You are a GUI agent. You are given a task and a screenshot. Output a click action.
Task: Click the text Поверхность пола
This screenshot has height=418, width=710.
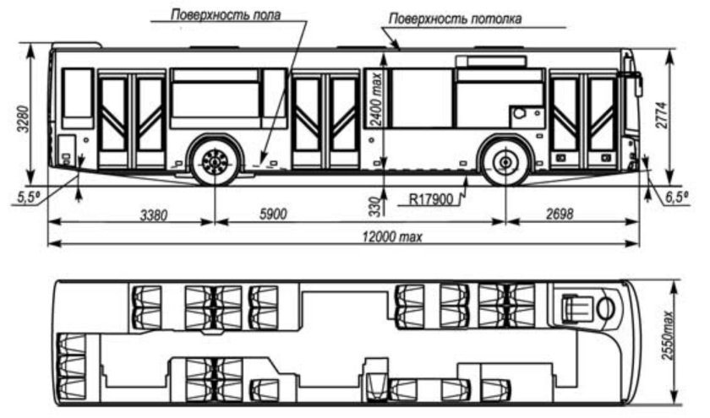[x=226, y=15]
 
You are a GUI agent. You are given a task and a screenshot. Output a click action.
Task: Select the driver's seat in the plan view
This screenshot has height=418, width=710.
[x=576, y=305]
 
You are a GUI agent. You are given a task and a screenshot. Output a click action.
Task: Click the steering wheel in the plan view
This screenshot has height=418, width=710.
[x=604, y=307]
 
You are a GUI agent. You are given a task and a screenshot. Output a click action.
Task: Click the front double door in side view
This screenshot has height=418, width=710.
[x=583, y=120]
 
